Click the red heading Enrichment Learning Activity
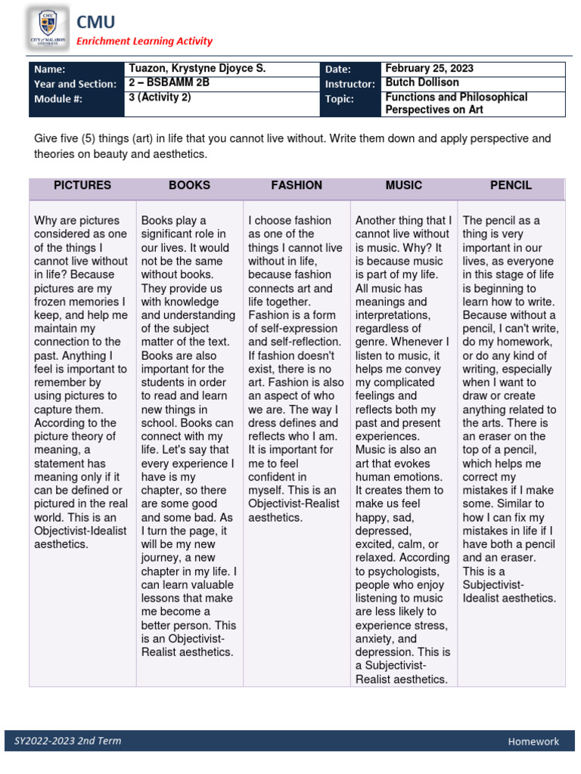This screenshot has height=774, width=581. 144,42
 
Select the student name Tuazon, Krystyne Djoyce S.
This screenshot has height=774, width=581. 197,69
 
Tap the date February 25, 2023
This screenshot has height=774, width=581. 429,69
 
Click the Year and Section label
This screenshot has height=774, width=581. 75,85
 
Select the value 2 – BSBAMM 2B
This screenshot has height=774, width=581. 169,83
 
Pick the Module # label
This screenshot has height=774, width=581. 58,99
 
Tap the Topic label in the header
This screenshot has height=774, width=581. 340,99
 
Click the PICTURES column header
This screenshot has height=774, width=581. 82,185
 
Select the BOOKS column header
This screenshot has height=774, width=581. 189,185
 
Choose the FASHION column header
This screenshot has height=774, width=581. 297,185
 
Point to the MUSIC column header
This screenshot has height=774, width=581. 404,185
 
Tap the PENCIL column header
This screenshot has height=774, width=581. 511,185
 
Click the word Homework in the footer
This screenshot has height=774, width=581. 533,741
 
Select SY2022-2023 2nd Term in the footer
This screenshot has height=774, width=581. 67,741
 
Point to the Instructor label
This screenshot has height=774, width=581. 350,85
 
